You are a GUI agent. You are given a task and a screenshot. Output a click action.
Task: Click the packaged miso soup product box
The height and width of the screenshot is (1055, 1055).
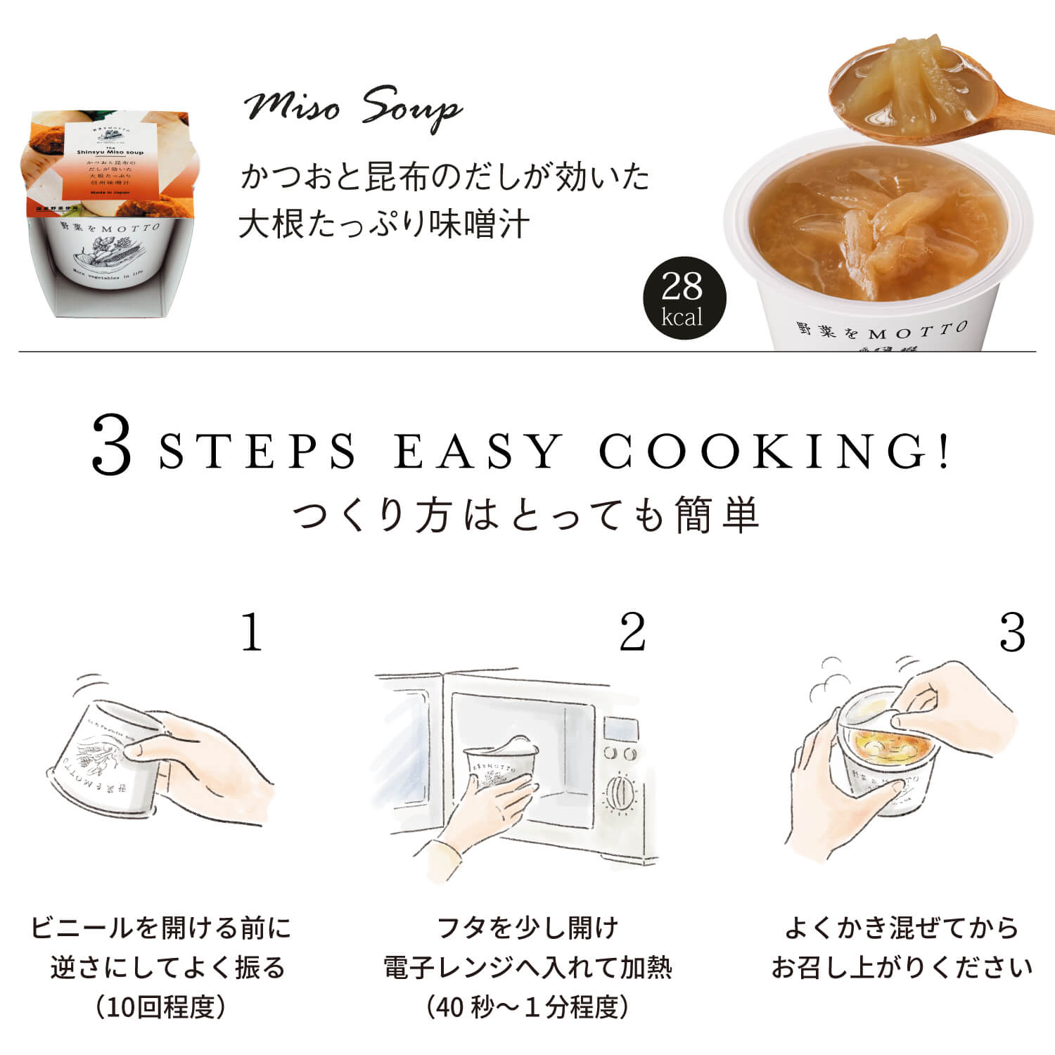tap(113, 211)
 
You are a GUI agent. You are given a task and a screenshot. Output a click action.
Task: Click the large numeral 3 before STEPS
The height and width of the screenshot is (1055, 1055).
tap(113, 446)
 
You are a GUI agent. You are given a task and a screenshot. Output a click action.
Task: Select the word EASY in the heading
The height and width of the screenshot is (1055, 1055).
tap(478, 452)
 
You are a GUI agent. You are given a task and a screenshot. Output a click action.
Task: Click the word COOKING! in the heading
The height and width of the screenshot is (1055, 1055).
tap(774, 452)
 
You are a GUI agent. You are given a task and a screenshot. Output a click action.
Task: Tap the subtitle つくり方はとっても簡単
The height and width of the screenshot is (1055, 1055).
tap(526, 515)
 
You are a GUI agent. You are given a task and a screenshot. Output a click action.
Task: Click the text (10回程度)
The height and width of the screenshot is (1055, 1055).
tap(161, 1007)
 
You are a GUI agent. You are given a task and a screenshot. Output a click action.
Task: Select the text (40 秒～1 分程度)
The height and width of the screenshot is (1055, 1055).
tap(527, 1007)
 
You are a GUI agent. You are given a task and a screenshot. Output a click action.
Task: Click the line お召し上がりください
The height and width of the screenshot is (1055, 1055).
tap(902, 968)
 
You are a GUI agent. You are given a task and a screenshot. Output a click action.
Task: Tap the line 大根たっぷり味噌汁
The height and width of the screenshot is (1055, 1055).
tap(384, 224)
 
